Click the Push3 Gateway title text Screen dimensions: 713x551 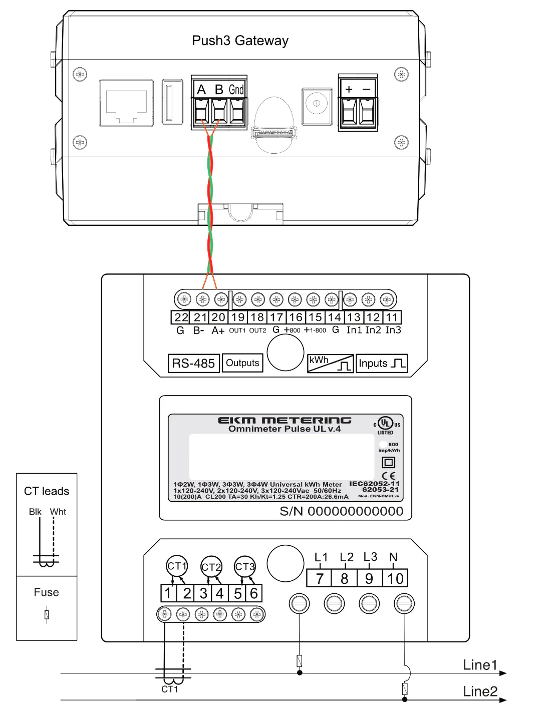tap(240, 41)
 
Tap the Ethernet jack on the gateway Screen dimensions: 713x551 tap(126, 103)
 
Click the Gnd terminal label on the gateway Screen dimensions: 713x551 tap(236, 90)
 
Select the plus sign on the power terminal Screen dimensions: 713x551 tap(349, 89)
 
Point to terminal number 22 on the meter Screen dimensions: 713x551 tap(181, 317)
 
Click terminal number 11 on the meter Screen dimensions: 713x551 tap(392, 317)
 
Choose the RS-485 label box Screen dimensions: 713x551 tap(193, 364)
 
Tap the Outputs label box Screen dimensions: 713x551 tap(242, 363)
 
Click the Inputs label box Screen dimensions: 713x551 tap(382, 364)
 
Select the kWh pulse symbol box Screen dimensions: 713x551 tap(330, 363)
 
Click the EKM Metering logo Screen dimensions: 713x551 tap(285, 420)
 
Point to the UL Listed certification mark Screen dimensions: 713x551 tap(386, 425)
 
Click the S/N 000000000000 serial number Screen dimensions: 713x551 tap(341, 511)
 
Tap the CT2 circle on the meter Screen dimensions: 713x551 tap(211, 567)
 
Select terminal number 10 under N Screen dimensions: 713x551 tap(395, 579)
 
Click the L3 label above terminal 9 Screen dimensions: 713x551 tap(370, 557)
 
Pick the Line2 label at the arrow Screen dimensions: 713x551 tap(480, 691)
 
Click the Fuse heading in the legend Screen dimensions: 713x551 tap(47, 592)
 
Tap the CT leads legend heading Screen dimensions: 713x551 tap(47, 491)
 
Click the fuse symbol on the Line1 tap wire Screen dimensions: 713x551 tap(300, 660)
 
